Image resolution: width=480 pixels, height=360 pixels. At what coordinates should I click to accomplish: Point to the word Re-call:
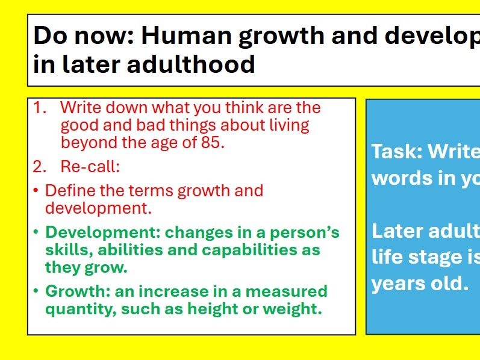90,167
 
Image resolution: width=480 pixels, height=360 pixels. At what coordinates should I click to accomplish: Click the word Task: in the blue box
396,152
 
